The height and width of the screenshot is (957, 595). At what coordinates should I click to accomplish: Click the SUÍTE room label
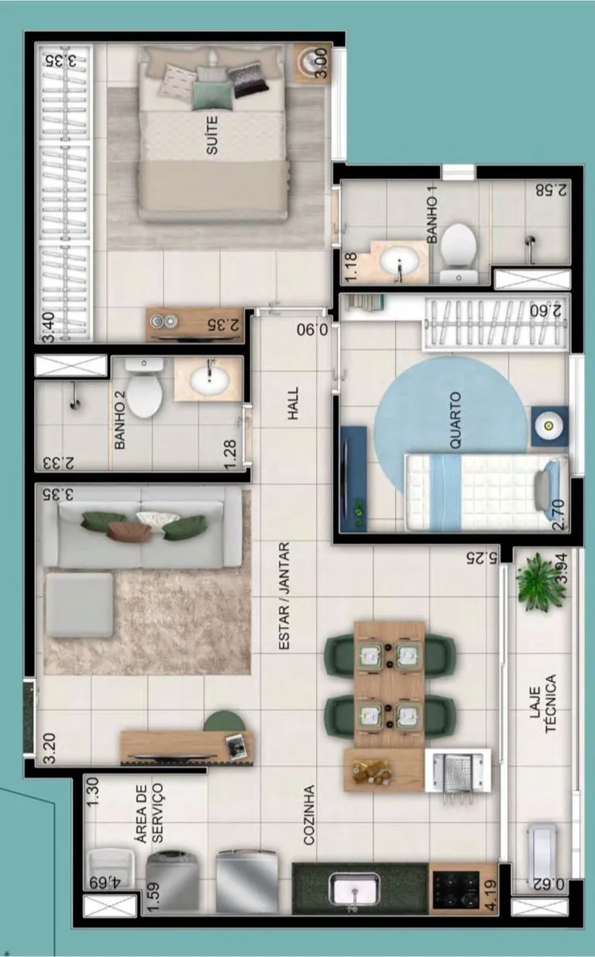pos(212,135)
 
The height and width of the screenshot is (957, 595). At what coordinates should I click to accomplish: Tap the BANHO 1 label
pos(432,219)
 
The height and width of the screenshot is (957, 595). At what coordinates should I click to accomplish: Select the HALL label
pos(293,403)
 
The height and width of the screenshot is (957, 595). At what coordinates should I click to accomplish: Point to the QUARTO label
pos(455,420)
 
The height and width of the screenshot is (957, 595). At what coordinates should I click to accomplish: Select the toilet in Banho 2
pos(144,388)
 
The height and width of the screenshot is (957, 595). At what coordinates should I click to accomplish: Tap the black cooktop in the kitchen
pos(456,890)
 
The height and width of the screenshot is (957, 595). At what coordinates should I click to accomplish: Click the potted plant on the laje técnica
pos(540,582)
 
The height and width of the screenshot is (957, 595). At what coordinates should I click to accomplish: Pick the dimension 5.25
pos(482,558)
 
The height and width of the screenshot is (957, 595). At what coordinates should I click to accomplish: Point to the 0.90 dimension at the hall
pos(312,330)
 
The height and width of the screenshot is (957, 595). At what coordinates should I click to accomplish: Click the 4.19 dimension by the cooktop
pos(491,895)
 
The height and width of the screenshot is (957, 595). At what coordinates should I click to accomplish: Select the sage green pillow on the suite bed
pos(212,95)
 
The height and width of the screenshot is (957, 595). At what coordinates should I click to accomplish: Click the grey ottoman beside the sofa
pos(79,605)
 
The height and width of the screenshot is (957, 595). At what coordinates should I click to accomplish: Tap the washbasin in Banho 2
pos(208,379)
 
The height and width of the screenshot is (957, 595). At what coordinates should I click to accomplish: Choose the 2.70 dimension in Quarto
pos(559,515)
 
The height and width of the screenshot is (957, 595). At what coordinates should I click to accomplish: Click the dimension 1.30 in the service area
pos(93,792)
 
